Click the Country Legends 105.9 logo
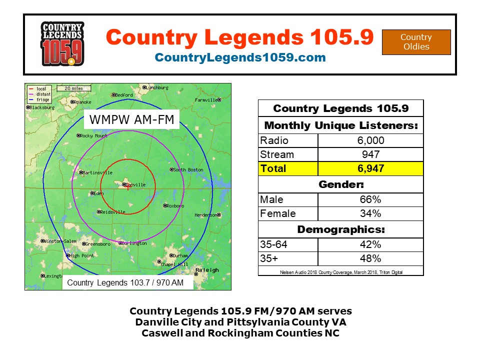pyautogui.click(x=62, y=44)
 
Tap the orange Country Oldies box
pyautogui.click(x=416, y=42)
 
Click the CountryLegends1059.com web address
pyautogui.click(x=240, y=57)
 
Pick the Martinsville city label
pyautogui.click(x=98, y=173)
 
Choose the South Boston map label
pyautogui.click(x=188, y=170)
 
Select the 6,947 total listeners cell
pyautogui.click(x=370, y=168)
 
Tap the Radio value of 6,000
pyautogui.click(x=370, y=140)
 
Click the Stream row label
pyautogui.click(x=277, y=154)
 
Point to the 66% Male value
pyautogui.click(x=370, y=199)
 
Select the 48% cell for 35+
pyautogui.click(x=370, y=258)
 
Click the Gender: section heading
pyautogui.click(x=340, y=184)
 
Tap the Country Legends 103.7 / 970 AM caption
pyautogui.click(x=125, y=283)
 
